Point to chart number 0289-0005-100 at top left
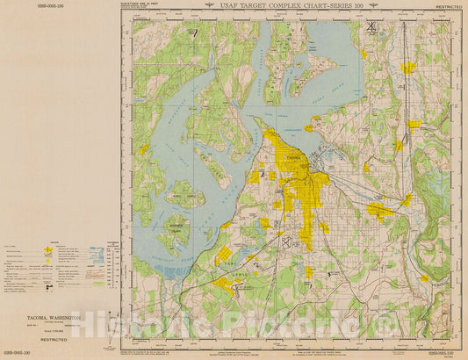coord(19,5)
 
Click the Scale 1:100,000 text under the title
coord(53,331)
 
